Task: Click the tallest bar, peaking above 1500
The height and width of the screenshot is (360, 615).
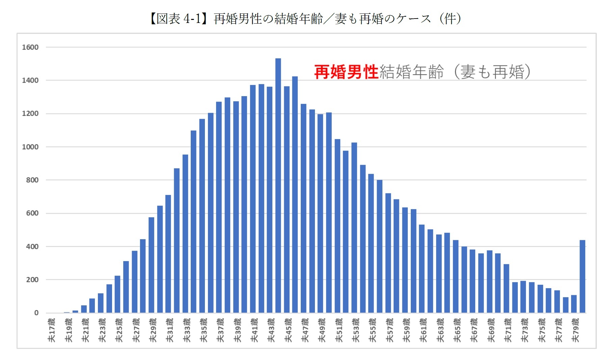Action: pos(278,186)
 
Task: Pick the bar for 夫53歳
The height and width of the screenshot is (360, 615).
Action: pos(354,228)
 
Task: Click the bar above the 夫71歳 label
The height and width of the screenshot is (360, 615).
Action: pos(506,288)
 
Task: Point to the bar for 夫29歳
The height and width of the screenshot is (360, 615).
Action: pos(151,265)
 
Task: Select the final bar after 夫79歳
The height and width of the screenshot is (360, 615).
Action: pos(582,276)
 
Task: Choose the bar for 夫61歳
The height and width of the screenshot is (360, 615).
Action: pos(422,269)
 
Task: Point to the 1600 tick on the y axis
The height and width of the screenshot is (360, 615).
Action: pos(30,47)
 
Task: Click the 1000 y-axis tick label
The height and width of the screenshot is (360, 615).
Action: pos(30,147)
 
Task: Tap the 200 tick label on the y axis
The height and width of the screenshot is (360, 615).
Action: pos(32,280)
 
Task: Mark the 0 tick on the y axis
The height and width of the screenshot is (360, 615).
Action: pos(36,313)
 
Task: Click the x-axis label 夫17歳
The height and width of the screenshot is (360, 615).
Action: pos(52,330)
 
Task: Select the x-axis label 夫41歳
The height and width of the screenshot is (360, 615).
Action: pos(255,330)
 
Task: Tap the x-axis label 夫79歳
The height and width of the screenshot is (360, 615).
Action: pos(576,330)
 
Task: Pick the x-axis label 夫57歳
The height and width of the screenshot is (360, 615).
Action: pos(390,330)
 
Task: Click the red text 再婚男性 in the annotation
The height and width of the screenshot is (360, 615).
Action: pos(346,72)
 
